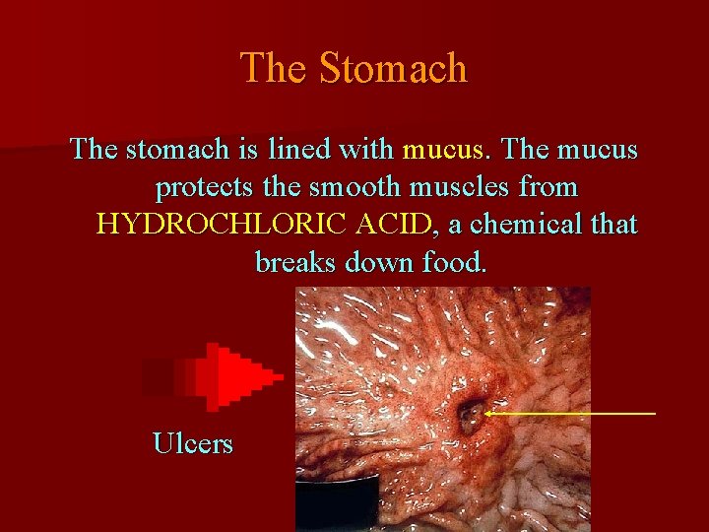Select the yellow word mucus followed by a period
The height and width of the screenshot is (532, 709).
[445, 151]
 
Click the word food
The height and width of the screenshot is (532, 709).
[453, 262]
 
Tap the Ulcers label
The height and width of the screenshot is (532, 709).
[193, 443]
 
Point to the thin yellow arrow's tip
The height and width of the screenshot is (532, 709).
[485, 414]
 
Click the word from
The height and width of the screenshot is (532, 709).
[548, 187]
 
